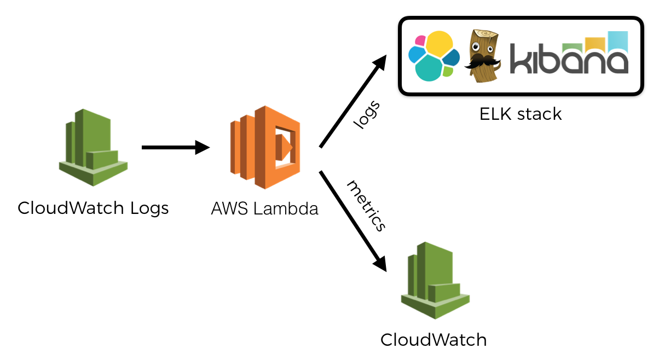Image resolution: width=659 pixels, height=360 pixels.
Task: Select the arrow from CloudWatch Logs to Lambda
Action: click(x=175, y=147)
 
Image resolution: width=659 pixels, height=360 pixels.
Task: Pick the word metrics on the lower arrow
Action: click(x=367, y=205)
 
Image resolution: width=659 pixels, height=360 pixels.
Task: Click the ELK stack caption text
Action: click(x=520, y=114)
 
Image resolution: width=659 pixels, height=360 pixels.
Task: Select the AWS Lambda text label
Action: click(x=265, y=208)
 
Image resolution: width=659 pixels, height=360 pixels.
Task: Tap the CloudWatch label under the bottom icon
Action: click(x=433, y=340)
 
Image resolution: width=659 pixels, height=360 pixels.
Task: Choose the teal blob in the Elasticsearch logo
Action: click(x=429, y=69)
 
